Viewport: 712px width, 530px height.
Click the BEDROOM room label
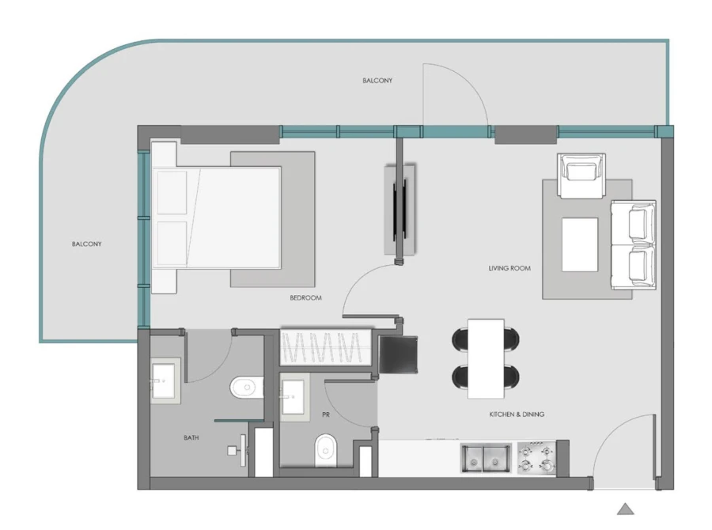tap(305, 298)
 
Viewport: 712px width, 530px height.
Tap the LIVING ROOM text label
tap(509, 269)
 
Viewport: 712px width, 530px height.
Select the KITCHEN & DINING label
tap(517, 415)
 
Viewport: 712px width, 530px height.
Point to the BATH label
tap(191, 437)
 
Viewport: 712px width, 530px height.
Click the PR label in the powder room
tap(325, 415)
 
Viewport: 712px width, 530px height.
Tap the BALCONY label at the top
tap(377, 81)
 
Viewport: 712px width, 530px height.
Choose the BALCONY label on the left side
tap(86, 244)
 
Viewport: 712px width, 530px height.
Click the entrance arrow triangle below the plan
tap(625, 509)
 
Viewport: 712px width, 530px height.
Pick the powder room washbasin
tap(292, 393)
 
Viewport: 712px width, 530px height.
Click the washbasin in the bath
tap(165, 380)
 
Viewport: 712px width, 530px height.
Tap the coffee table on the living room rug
tap(580, 244)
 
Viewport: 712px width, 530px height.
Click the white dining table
tap(486, 358)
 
